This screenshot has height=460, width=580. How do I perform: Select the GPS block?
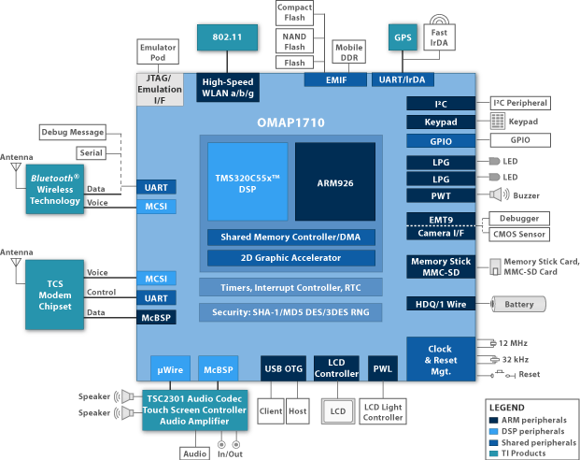coord(403,37)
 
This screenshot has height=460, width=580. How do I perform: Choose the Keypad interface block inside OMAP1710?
coord(441,122)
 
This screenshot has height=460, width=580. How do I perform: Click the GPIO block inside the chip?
coord(441,140)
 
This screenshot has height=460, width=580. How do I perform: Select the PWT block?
coord(441,195)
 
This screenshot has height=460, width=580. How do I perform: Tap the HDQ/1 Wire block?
coord(441,304)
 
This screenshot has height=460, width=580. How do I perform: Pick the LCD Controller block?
coord(336,368)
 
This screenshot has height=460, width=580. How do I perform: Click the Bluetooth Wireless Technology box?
coord(55,188)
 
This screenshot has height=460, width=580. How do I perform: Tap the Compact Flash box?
coord(294,13)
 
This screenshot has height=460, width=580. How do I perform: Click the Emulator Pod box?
coord(158,53)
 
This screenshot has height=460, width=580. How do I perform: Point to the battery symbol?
coord(518,304)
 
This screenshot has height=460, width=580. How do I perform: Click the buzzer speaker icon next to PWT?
coord(496,195)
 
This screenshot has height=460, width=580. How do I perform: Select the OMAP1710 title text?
coord(290,122)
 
